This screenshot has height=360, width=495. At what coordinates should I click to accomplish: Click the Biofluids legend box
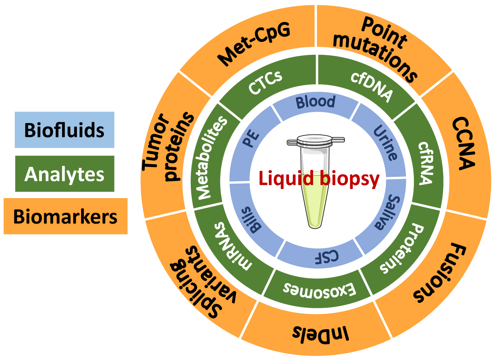coord(64,130)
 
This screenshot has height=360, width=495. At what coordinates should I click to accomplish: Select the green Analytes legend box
coord(64,174)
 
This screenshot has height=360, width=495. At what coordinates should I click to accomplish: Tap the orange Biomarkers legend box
coord(65,216)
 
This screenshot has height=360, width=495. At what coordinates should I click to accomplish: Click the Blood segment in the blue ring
coord(316,102)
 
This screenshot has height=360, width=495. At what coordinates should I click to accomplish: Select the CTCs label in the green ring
coord(265,82)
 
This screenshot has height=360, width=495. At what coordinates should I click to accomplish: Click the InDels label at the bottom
coord(321,332)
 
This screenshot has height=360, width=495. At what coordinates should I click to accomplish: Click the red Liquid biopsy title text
coord(319,178)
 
